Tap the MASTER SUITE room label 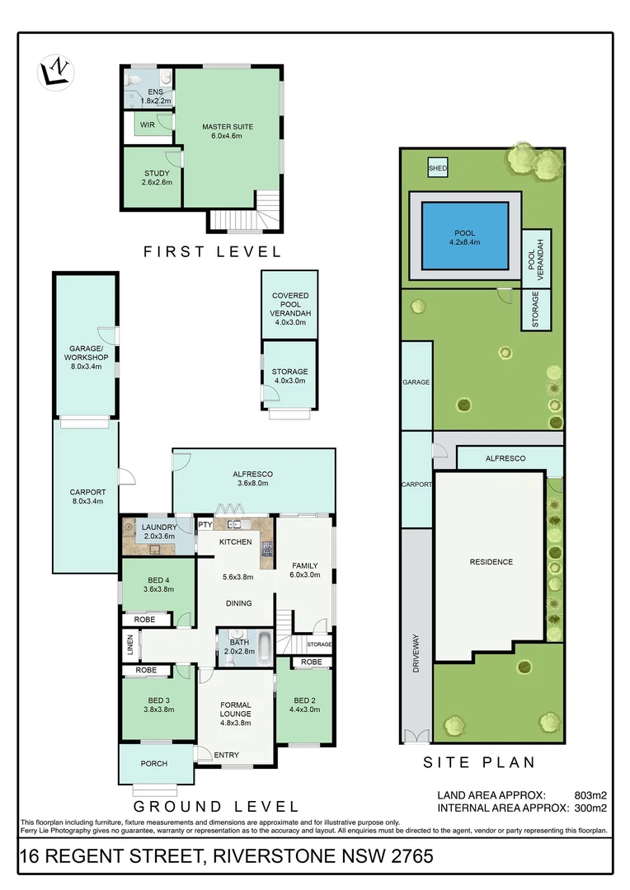tap(228, 127)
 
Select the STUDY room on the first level tap(157, 174)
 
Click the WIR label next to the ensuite tap(148, 124)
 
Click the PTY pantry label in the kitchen tap(205, 524)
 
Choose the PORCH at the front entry tap(154, 762)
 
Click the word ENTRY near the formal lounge tap(227, 755)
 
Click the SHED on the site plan tap(437, 168)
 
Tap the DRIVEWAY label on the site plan tap(416, 654)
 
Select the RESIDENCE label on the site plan tap(491, 562)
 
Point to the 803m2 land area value tap(591, 795)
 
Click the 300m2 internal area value tap(591, 808)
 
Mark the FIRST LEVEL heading tap(213, 251)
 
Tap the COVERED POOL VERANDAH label tap(289, 304)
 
